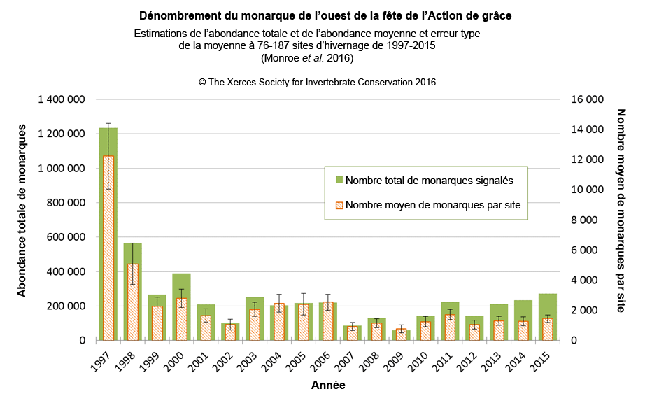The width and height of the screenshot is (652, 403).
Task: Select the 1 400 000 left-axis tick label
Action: point(62,99)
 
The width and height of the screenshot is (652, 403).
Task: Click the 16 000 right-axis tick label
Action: point(587,99)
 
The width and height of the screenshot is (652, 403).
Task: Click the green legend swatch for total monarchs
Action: point(339,180)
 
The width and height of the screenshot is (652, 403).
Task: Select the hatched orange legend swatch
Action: point(339,205)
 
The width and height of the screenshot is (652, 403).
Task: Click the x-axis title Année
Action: point(328,385)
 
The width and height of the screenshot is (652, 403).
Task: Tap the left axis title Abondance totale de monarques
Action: point(22,210)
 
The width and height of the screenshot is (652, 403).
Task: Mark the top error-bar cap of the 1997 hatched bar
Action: point(108,123)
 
